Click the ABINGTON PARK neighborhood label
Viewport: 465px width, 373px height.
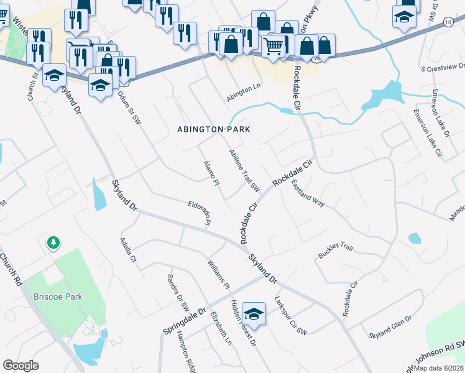[x=214, y=129]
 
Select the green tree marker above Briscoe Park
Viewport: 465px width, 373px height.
[x=53, y=242]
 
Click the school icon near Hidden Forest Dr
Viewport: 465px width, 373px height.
[x=254, y=315]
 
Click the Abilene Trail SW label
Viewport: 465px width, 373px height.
[x=244, y=170]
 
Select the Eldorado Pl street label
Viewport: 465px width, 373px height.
[x=203, y=213]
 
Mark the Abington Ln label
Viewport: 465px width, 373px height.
[x=244, y=90]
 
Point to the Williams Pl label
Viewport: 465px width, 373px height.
[x=219, y=274]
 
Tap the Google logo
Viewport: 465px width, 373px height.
[x=21, y=365]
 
